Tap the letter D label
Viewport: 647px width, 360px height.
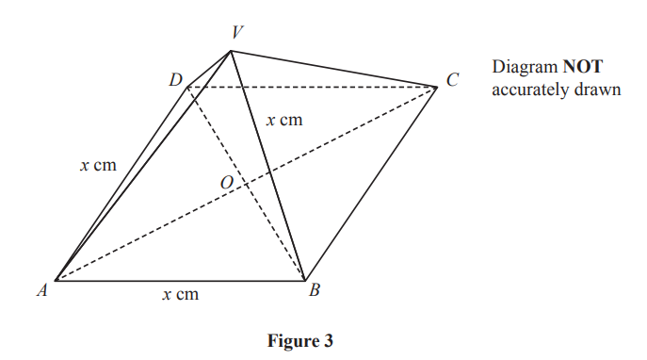click(175, 80)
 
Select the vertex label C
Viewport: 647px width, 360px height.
click(453, 81)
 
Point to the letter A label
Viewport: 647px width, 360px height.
click(41, 291)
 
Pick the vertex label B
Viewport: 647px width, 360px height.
click(315, 291)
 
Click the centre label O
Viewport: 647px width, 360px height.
click(226, 183)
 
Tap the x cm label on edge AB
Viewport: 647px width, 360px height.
click(179, 295)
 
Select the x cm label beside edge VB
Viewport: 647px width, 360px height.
click(283, 120)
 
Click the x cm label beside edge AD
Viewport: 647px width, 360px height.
click(98, 165)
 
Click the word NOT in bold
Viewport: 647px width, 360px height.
click(583, 69)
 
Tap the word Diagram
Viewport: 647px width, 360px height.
click(525, 69)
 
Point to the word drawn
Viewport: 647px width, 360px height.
click(599, 92)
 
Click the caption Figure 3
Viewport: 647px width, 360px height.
click(299, 341)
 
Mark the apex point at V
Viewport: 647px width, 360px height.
click(232, 51)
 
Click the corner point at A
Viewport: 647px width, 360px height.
click(56, 280)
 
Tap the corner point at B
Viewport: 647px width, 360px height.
click(304, 280)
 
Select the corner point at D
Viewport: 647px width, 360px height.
click(186, 87)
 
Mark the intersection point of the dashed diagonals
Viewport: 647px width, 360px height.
click(247, 183)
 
